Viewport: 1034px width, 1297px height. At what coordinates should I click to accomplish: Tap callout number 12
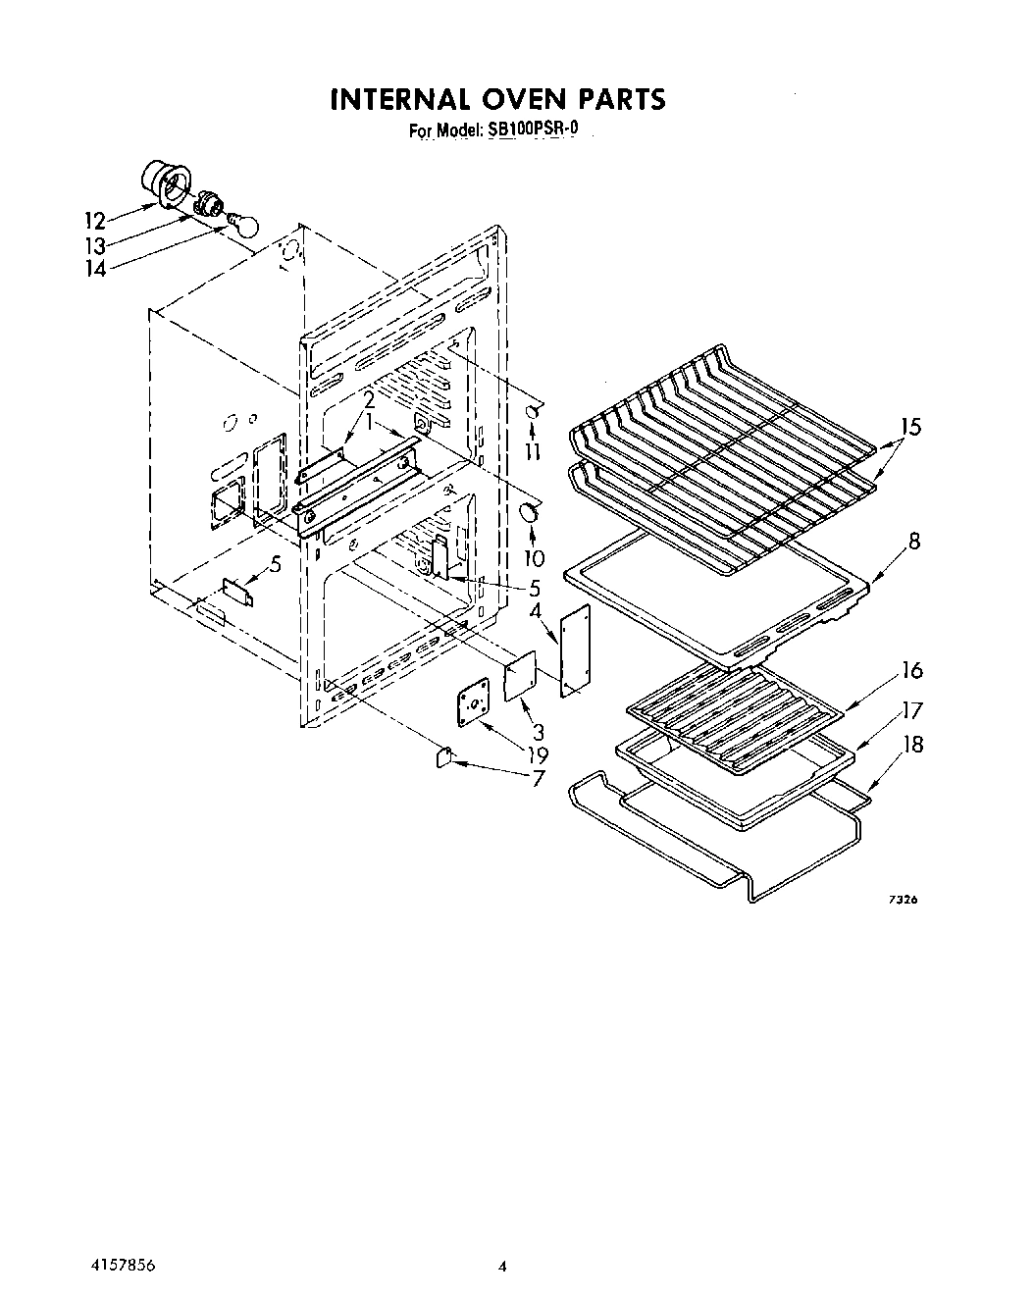point(95,220)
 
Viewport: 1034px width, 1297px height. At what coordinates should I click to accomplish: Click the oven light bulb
point(243,224)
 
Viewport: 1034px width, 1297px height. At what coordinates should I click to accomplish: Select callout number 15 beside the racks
point(912,427)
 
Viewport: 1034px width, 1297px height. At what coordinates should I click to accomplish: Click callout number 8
point(913,541)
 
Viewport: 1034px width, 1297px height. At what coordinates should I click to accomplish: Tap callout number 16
point(912,670)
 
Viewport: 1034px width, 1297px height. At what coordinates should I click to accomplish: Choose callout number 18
point(912,745)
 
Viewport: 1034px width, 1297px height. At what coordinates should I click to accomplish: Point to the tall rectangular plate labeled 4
point(576,650)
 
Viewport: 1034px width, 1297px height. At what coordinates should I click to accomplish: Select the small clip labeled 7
point(444,755)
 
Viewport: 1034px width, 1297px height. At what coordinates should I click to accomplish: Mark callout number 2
point(369,400)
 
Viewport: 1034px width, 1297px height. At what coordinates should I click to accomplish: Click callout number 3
point(539,732)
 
